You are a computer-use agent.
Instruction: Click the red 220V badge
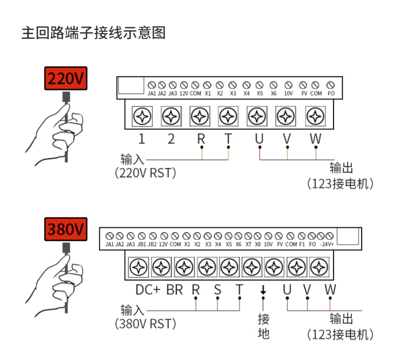tap(66, 79)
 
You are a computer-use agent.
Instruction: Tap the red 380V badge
tap(66, 229)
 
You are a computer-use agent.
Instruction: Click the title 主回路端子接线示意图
tap(93, 33)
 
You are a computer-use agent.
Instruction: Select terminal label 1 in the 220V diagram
tap(141, 139)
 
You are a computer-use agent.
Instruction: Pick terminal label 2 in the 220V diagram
tap(171, 139)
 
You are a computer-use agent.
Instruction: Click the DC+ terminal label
tap(148, 290)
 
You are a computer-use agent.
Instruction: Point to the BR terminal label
tap(175, 290)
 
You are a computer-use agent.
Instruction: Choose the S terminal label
tap(217, 290)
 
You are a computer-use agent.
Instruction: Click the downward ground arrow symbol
tap(263, 290)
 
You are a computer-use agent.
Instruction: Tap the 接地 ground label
tap(264, 326)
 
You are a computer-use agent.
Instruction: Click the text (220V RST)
tap(145, 173)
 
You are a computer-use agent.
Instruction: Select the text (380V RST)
tap(145, 324)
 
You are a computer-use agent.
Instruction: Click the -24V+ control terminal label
tap(327, 245)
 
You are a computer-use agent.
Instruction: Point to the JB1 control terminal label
tap(141, 245)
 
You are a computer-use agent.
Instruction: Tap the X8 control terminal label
tap(258, 245)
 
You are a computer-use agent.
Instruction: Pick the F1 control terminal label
tap(302, 245)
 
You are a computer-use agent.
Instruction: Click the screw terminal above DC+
tap(139, 267)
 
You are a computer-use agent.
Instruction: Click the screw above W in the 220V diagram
tap(315, 115)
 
